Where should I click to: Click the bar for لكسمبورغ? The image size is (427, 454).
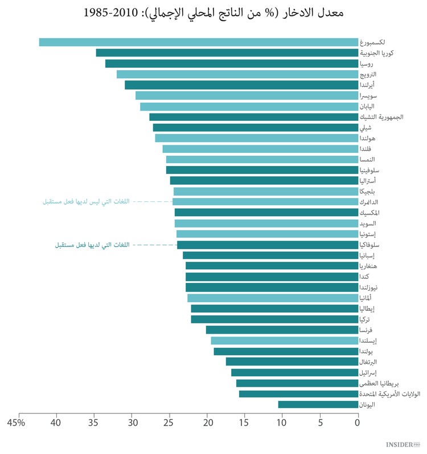(198, 42)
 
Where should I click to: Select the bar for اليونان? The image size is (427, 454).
(318, 404)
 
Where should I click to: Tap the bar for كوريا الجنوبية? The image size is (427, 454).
(227, 53)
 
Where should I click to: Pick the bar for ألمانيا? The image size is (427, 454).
(273, 298)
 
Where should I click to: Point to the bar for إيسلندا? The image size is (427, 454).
(284, 340)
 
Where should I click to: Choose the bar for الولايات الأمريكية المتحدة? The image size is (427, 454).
(298, 394)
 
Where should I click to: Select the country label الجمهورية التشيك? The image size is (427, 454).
(381, 117)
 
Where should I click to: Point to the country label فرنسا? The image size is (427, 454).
(367, 330)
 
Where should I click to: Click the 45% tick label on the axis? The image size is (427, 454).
(17, 423)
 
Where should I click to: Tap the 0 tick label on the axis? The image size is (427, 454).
(358, 423)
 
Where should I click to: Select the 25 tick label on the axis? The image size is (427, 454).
(169, 423)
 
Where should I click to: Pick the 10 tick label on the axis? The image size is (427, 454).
(282, 423)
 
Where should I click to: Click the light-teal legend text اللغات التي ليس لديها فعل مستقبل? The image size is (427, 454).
(86, 201)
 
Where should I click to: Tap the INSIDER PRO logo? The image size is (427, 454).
(403, 444)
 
